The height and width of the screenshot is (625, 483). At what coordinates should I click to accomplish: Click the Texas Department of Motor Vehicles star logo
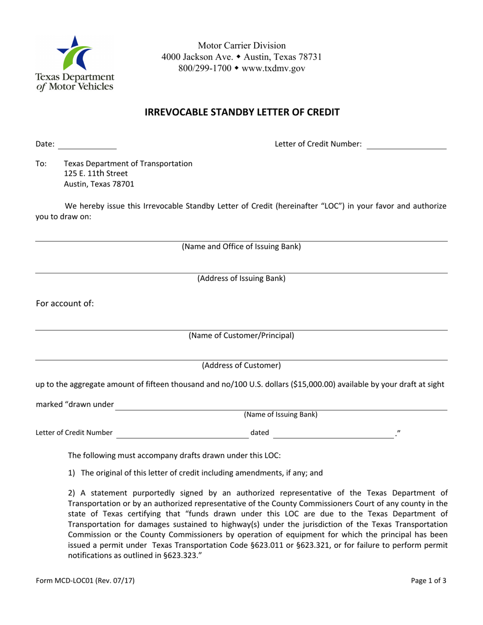(74, 53)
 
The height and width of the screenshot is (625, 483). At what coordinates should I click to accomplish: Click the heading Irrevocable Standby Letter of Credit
(242, 112)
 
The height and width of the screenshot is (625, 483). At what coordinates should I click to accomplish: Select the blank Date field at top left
(87, 144)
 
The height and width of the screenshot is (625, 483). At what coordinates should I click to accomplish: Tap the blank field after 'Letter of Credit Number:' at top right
(406, 144)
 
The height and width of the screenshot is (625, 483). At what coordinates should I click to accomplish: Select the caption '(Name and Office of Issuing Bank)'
(242, 247)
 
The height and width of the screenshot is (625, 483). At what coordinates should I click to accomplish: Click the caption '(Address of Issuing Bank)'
(242, 278)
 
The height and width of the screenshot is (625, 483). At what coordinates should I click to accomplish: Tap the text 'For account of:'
(65, 304)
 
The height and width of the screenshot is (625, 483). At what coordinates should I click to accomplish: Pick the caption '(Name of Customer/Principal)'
(242, 335)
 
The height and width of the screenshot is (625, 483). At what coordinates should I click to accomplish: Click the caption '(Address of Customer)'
(242, 365)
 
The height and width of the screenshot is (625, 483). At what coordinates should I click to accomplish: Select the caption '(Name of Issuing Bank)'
(281, 415)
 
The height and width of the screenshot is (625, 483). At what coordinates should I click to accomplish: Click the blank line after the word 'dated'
(334, 433)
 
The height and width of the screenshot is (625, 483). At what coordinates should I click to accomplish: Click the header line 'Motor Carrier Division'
(242, 46)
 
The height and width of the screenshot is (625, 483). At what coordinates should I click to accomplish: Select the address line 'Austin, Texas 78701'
(99, 184)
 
